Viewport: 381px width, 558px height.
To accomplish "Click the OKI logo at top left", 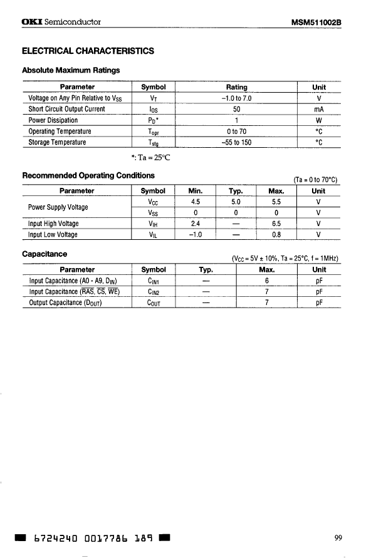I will tap(32, 22).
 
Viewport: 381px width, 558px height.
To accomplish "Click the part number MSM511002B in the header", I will tap(321, 22).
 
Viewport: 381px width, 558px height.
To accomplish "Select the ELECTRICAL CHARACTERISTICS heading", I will tap(87, 51).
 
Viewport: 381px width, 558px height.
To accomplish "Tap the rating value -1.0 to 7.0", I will tap(236, 98).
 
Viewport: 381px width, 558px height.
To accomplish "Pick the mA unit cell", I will tap(318, 109).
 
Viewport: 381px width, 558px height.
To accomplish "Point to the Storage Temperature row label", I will tap(57, 142).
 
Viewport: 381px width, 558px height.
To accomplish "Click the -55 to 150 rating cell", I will tap(236, 142).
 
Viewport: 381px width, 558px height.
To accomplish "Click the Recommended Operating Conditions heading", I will tap(88, 175).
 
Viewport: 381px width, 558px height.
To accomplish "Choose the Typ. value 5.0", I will tap(236, 202).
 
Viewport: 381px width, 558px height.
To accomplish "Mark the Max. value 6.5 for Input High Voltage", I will tap(276, 224).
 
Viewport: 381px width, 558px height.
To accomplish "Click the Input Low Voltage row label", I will tap(53, 235).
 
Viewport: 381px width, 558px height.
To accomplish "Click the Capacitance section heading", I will tap(44, 254).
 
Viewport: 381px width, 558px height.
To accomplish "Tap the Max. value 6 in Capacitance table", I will tap(267, 281).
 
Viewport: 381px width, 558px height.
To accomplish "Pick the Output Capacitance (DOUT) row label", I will tap(65, 302).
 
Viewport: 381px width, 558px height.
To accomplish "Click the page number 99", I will tap(338, 537).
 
